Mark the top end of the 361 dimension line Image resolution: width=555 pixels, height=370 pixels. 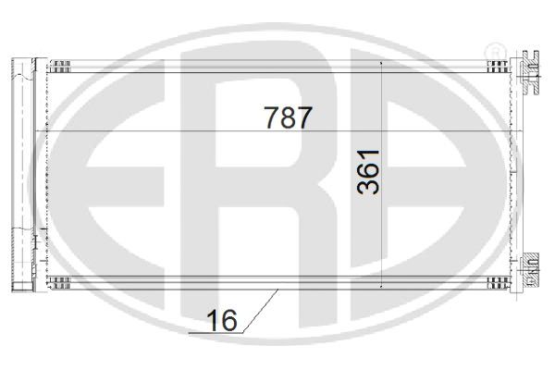[x=382, y=61]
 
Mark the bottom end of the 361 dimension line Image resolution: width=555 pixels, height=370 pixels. [x=382, y=288]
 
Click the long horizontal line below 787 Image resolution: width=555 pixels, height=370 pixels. [x=277, y=135]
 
